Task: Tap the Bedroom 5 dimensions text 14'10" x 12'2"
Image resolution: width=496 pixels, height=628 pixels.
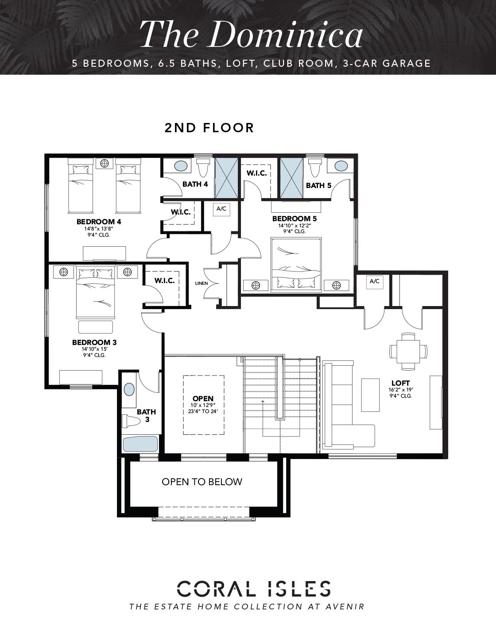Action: pos(294,226)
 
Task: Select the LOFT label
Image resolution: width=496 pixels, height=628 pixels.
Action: pos(400,383)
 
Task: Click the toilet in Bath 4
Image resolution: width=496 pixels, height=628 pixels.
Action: pos(202,168)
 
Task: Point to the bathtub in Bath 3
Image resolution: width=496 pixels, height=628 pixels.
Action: pos(140,444)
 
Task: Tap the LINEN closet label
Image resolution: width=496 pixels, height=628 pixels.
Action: pos(201,283)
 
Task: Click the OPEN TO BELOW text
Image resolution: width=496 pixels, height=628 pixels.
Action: pos(202,482)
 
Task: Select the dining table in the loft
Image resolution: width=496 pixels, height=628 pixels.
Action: pos(408,351)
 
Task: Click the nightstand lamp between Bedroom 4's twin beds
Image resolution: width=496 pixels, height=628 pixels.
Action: pos(105,163)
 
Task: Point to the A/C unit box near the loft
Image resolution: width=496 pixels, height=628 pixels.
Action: pos(374,281)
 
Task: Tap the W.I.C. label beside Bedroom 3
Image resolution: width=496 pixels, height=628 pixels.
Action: pos(165,281)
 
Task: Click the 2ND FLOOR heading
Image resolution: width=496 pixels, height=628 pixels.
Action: pos(209,128)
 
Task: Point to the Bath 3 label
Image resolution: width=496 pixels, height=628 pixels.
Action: pos(146,416)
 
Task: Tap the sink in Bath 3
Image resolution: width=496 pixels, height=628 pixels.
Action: pos(129,389)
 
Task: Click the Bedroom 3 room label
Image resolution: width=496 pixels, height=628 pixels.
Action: pos(94,342)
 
